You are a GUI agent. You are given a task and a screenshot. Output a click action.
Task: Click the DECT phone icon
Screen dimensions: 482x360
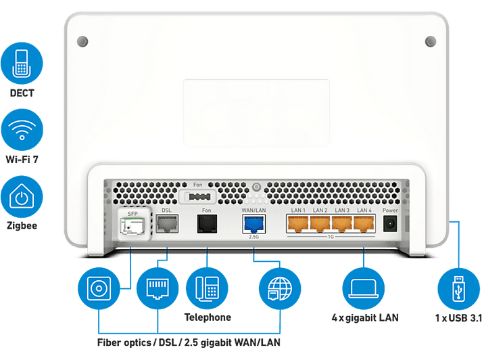22,64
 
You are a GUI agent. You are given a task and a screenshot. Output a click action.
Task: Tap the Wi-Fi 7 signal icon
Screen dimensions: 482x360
22,129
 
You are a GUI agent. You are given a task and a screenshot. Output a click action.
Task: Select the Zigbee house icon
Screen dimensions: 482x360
22,197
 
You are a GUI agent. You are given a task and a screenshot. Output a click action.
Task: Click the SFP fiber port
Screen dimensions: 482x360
132,226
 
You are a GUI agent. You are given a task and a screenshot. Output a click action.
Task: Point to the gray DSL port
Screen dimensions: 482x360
167,224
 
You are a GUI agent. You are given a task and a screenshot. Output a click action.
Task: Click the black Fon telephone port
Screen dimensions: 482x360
207,224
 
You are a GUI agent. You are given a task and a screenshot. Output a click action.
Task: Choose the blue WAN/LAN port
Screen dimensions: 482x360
254,224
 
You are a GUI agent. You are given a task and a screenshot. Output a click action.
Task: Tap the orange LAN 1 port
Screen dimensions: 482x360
297,223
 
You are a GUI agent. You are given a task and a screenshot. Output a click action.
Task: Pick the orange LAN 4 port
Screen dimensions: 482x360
364,223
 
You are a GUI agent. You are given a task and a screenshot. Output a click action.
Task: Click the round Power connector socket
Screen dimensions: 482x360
390,223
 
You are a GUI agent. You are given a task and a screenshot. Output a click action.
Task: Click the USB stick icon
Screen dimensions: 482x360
458,289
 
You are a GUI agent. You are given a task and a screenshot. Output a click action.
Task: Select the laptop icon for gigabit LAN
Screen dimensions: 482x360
363,289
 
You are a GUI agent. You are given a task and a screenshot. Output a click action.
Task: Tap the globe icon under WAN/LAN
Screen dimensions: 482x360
280,289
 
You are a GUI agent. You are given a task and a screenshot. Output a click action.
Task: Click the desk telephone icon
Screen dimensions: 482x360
207,289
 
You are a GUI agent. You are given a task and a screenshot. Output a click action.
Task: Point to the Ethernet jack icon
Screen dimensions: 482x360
158,289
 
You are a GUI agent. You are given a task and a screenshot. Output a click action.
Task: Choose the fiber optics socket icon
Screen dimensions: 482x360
99,289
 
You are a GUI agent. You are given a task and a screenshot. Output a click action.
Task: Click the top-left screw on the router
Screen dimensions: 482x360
82,41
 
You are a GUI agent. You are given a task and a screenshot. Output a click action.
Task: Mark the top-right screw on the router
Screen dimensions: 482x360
431,41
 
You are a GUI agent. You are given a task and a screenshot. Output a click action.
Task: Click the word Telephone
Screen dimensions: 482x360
208,317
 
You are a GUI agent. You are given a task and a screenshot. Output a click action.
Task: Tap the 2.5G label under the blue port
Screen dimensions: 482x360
254,237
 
